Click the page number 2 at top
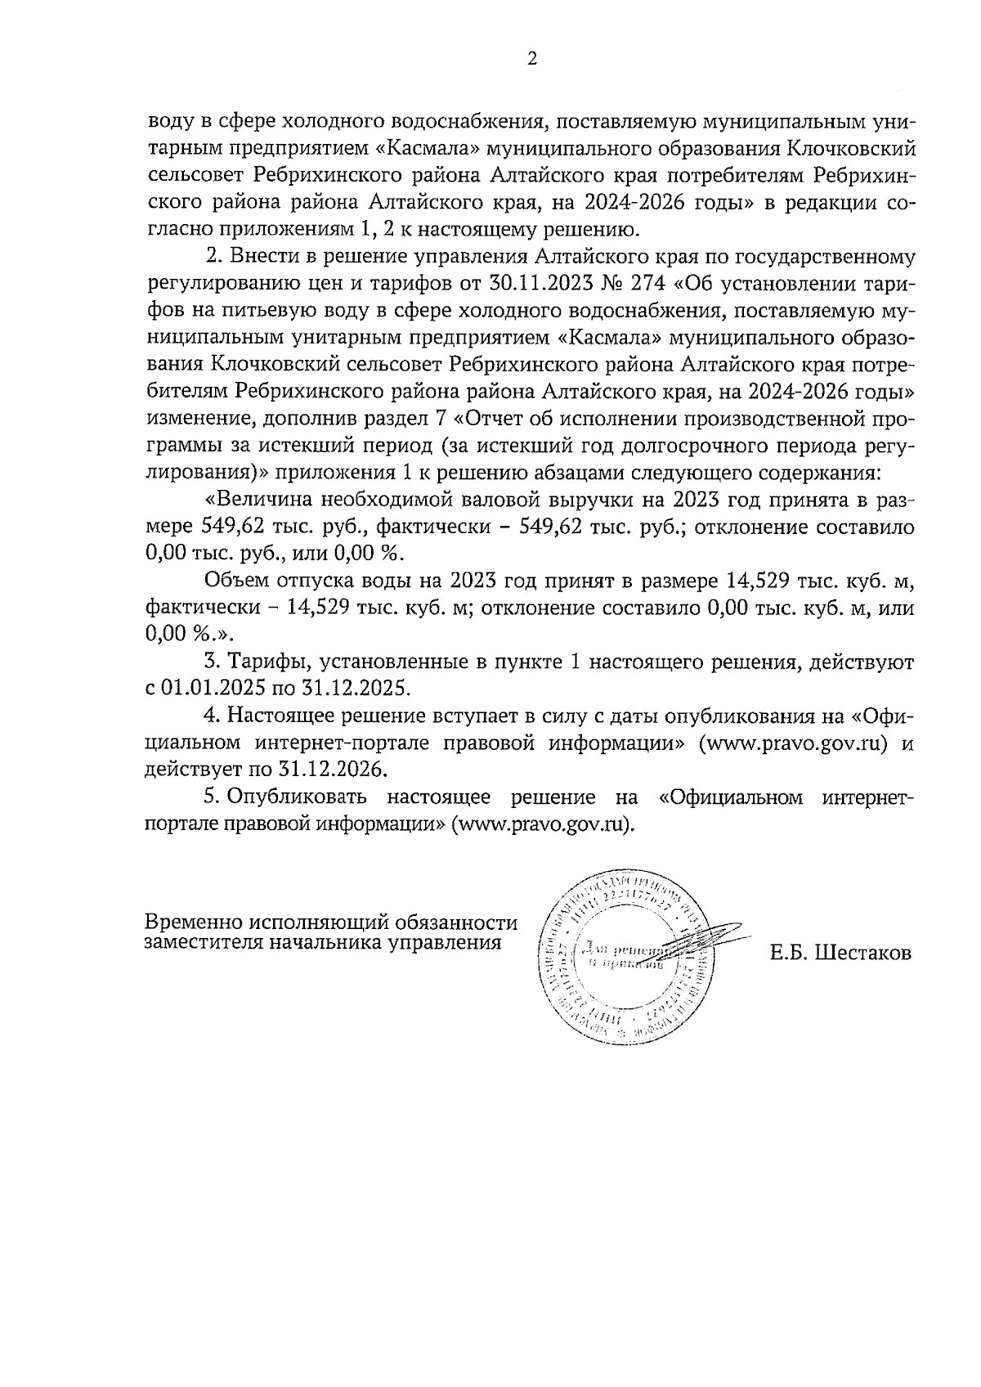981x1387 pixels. click(532, 60)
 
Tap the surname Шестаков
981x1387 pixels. click(863, 954)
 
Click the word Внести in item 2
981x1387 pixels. click(259, 257)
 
